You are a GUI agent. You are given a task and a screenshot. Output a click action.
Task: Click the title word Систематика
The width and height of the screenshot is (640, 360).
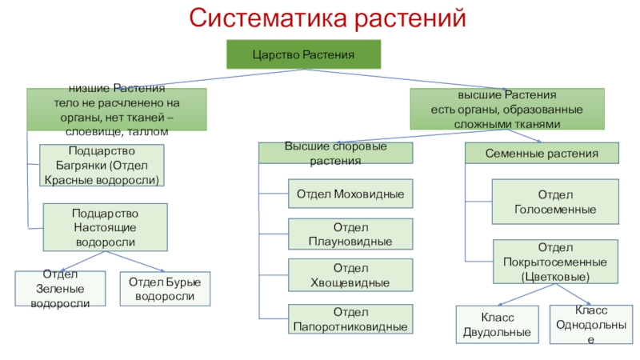point(268,18)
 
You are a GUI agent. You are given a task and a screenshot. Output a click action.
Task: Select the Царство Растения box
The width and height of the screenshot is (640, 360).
point(304,54)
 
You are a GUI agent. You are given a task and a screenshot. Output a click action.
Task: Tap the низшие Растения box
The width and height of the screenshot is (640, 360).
point(117,110)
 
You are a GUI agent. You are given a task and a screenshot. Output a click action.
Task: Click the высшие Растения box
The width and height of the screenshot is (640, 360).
point(507,109)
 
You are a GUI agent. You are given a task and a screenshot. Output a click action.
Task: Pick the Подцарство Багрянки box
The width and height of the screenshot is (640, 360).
point(102,166)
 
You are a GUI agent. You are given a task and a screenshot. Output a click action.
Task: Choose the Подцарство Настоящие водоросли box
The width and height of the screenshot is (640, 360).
point(106,227)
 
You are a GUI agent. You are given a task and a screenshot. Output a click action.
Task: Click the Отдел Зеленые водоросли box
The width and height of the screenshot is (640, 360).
point(60,289)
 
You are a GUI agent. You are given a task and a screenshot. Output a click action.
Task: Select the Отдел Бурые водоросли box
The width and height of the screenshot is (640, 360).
point(165,289)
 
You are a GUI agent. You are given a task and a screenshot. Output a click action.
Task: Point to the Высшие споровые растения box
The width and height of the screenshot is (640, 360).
point(335,153)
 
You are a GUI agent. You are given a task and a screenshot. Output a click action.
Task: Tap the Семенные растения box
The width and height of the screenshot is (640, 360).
point(542,153)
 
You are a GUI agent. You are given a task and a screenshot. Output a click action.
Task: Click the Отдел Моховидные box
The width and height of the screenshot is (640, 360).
point(350,194)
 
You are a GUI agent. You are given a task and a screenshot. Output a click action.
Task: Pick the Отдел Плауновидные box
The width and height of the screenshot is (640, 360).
point(350,234)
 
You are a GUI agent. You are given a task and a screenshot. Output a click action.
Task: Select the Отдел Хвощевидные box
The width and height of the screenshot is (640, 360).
point(350,275)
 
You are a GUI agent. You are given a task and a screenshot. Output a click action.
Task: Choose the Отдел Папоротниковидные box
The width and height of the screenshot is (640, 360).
point(350,318)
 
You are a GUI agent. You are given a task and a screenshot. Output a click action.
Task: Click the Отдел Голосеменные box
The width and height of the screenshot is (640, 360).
point(555,202)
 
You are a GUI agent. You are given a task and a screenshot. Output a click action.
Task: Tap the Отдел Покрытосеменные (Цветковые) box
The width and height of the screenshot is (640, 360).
point(555,262)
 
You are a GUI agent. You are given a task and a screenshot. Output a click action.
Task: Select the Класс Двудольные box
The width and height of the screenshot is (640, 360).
point(497,325)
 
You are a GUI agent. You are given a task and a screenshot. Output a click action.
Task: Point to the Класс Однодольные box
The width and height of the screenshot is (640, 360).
point(591,325)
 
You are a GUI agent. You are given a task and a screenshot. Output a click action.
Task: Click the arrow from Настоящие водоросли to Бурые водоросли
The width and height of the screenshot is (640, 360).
point(135,262)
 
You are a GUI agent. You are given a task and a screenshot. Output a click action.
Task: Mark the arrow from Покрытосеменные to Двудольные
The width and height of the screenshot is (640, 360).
point(526,294)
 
